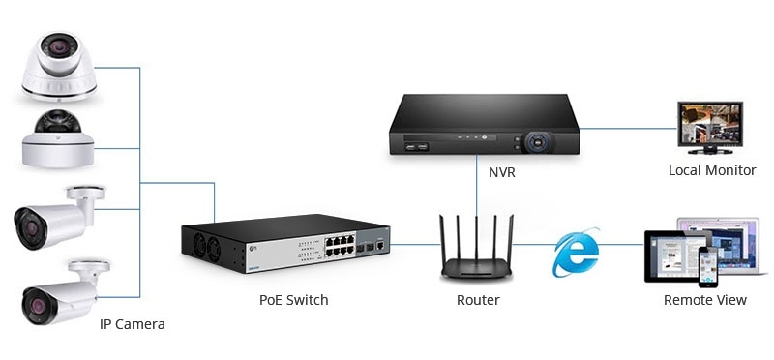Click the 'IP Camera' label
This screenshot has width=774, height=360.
pos(133,324)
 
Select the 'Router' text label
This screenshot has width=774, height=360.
pos(478,300)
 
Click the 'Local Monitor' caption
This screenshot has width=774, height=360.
pos(712,170)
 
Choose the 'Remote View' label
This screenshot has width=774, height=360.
pos(705,300)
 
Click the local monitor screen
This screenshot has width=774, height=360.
pos(708,126)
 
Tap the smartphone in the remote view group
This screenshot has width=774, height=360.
pos(711,265)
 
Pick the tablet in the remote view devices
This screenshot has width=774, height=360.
pos(670,255)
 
